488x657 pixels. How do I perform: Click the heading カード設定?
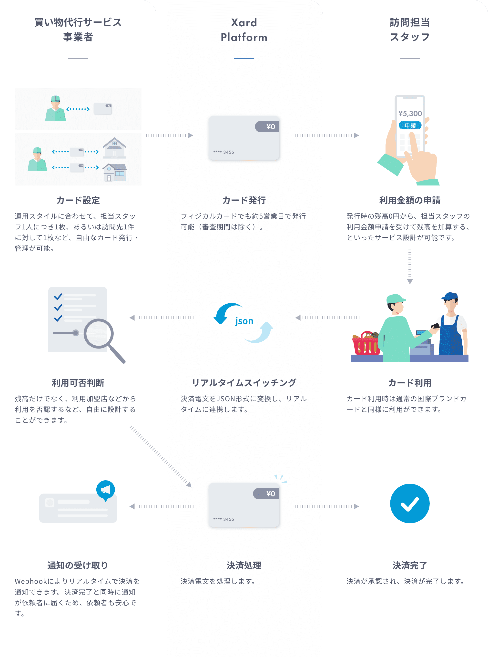pos(78,200)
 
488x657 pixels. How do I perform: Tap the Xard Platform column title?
pos(244,30)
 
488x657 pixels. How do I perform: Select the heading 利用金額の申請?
pos(410,200)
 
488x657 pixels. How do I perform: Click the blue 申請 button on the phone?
pos(410,125)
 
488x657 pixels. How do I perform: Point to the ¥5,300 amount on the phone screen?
pos(410,113)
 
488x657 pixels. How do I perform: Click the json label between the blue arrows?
pos(244,321)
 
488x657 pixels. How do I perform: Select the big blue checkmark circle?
pos(410,503)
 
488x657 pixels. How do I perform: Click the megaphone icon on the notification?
pos(105,490)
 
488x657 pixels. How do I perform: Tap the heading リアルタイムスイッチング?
pos(244,383)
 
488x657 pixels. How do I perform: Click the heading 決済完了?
pos(410,565)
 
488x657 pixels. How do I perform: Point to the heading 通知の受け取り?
pos(78,565)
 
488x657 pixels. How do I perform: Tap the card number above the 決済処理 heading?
pos(224,519)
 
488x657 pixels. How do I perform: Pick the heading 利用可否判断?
pos(78,383)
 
